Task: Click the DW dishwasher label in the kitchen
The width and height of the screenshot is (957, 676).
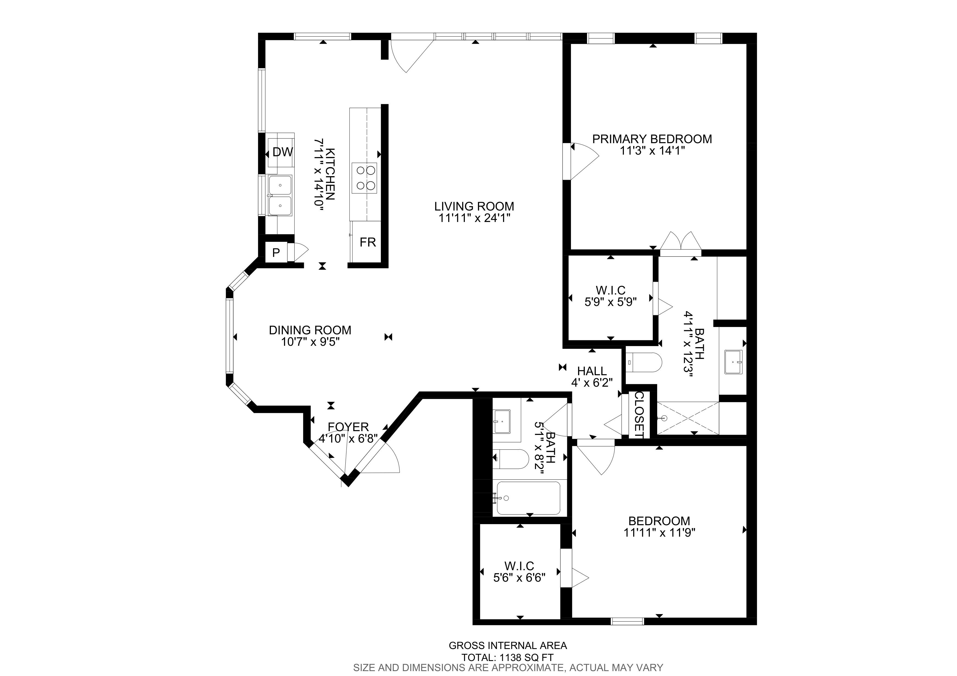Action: click(283, 152)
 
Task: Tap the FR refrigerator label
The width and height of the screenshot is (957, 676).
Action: click(368, 242)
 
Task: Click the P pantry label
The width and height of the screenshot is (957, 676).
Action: click(276, 253)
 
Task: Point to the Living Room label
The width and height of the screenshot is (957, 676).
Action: click(474, 206)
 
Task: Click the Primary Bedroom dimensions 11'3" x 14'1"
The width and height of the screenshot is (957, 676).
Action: click(652, 151)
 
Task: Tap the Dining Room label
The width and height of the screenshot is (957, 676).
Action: click(310, 330)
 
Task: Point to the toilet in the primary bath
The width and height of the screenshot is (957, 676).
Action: click(644, 363)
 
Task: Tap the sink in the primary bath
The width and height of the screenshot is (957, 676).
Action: click(733, 362)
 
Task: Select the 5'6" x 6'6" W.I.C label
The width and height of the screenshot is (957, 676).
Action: click(519, 572)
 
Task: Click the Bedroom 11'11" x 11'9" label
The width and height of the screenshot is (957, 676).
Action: click(659, 527)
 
